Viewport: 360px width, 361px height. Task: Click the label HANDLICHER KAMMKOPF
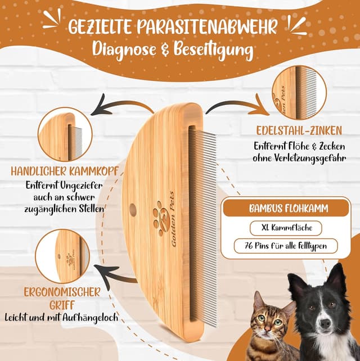pos(64,170)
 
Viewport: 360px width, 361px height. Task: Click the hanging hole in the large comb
pos(133,210)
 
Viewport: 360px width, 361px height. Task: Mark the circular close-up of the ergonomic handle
pos(62,256)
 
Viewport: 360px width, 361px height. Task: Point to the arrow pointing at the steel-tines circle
pos(236,105)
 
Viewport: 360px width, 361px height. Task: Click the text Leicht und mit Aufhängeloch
pos(62,317)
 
